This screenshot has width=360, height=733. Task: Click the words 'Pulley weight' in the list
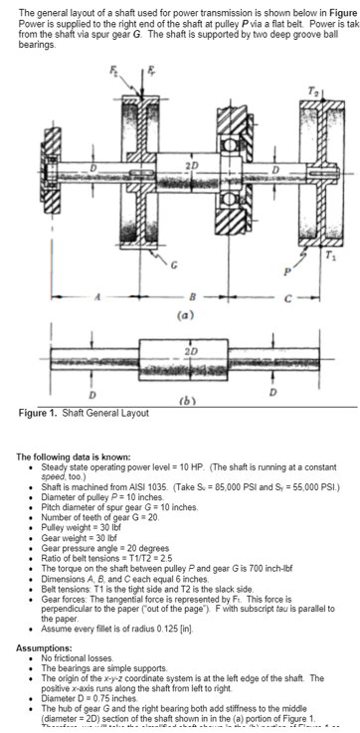(x=66, y=523)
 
